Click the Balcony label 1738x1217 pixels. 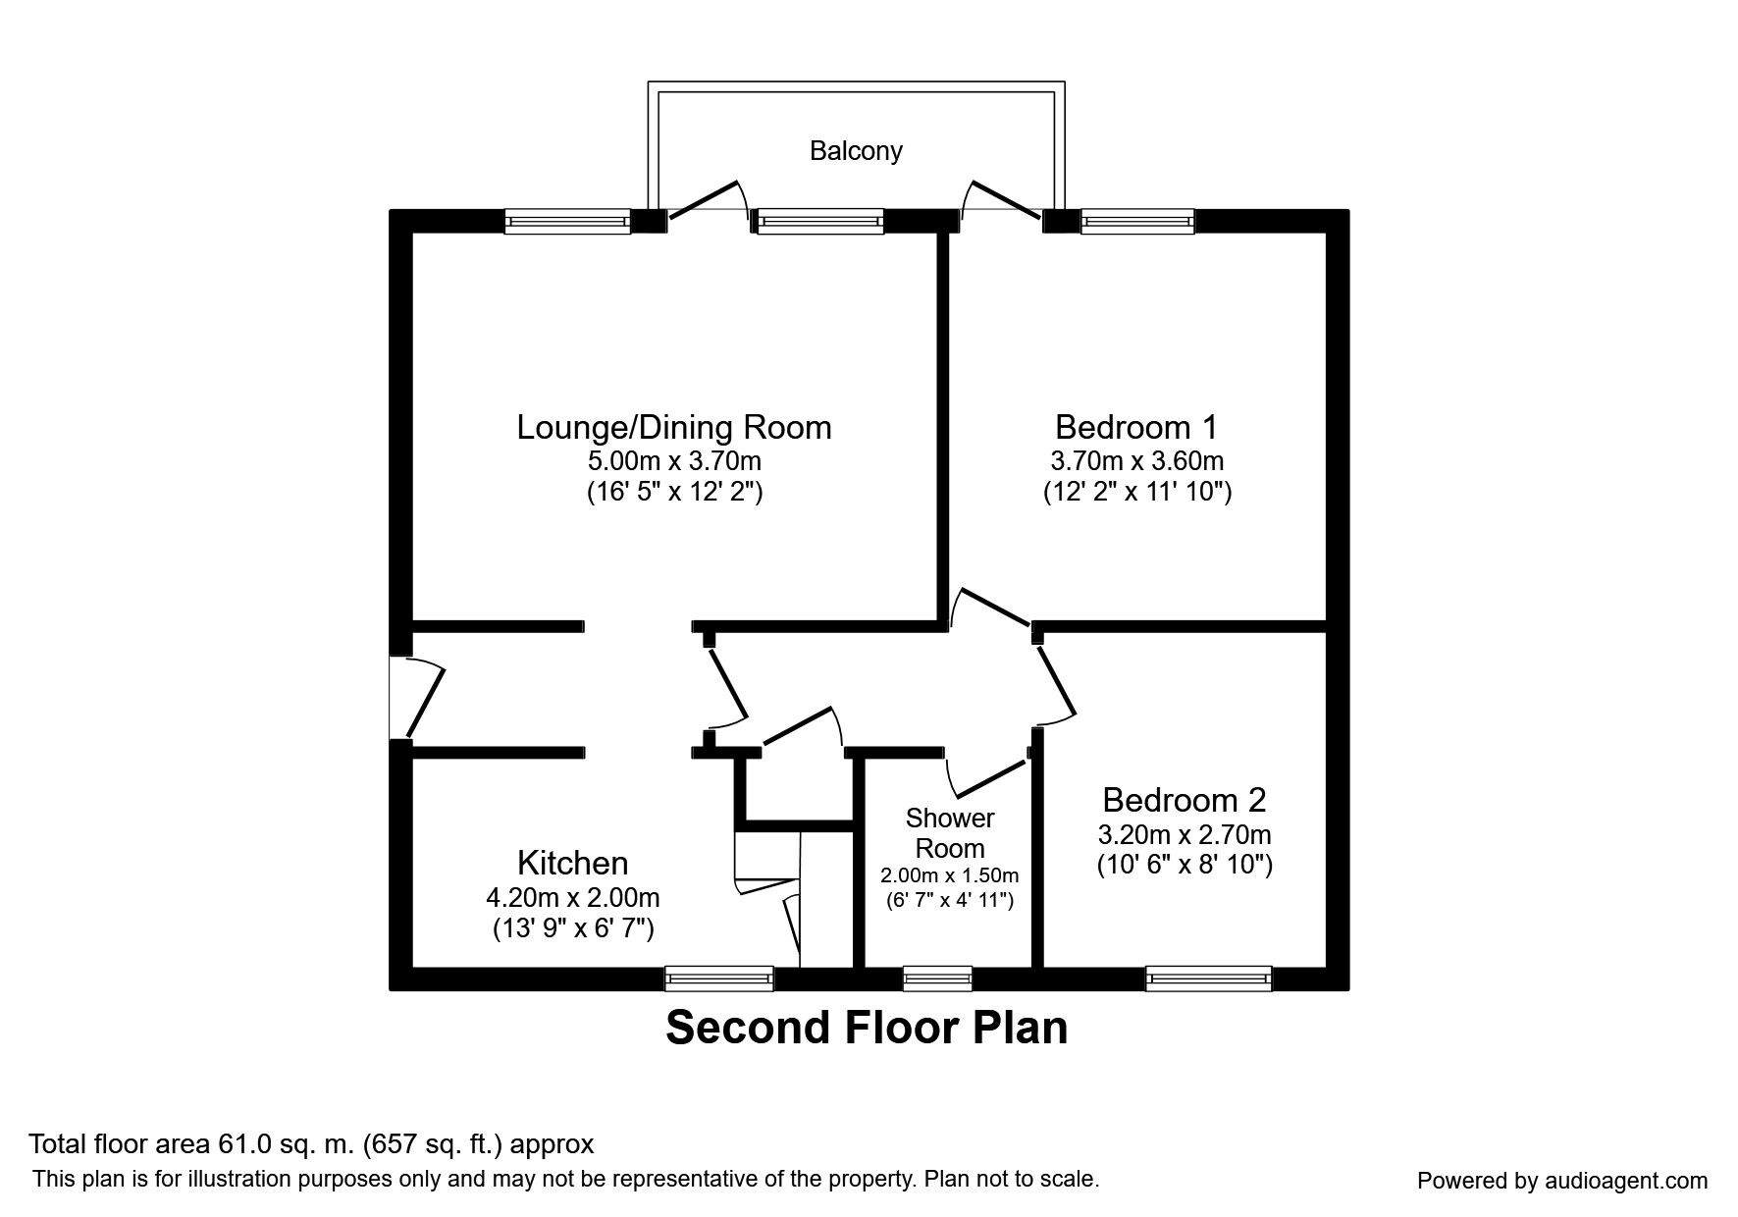855,150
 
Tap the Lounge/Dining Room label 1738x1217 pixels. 674,427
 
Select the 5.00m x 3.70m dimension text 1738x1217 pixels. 674,460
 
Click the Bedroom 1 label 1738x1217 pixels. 1136,427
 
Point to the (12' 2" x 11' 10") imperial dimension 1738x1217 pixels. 1136,492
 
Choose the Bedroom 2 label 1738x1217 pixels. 1184,800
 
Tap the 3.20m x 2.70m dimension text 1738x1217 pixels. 1184,835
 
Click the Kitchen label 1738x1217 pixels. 572,863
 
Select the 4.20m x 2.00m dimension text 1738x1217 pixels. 572,897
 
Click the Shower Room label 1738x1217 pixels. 949,832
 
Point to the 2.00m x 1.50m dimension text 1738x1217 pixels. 949,875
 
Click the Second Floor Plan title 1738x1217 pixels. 867,1028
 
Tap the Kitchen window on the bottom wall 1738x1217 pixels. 718,978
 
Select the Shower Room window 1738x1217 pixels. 937,978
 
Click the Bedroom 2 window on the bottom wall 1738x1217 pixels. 1208,978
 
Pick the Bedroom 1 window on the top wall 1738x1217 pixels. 1137,222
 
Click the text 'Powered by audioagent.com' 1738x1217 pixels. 1562,1181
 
